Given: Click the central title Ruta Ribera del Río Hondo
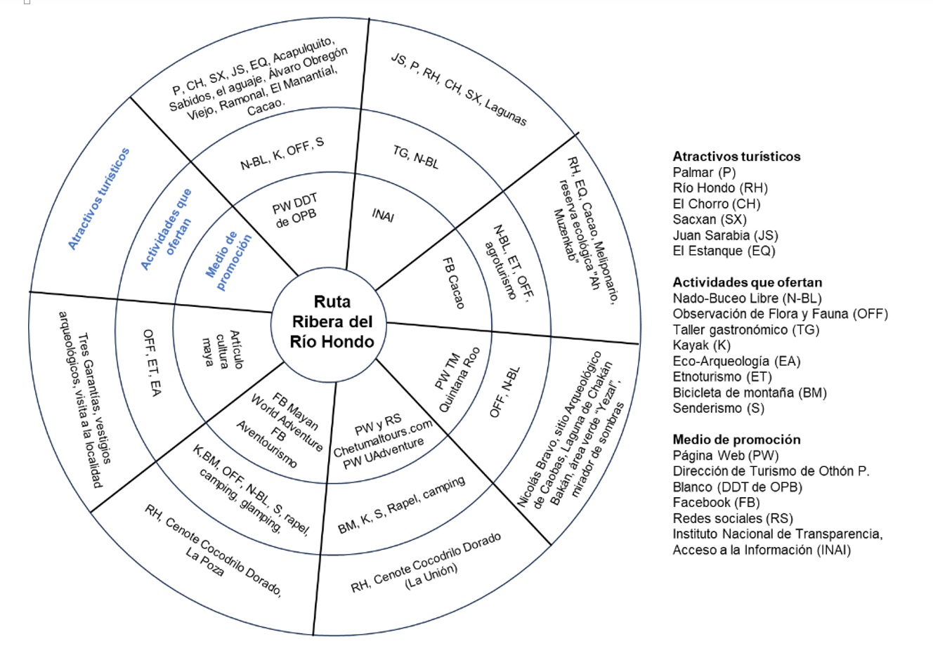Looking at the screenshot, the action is (332, 322).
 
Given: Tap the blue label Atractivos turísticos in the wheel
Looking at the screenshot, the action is (99, 199).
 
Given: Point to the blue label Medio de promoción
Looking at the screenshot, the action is (228, 261).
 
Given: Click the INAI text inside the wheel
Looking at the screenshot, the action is (383, 216).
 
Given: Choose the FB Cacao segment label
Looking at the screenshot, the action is (453, 282).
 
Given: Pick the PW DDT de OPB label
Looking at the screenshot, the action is (295, 210).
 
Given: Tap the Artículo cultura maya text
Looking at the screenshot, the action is (222, 349).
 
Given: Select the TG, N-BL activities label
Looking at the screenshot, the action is (416, 158).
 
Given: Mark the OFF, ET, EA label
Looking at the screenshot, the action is (152, 362).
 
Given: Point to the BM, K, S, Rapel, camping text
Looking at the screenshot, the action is (401, 505).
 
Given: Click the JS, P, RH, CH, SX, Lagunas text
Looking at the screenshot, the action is (459, 89).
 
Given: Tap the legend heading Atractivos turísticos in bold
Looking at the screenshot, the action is (736, 157).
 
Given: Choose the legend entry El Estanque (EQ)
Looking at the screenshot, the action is (724, 251).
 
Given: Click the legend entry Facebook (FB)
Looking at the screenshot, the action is (717, 502).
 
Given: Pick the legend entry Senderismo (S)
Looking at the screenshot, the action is (719, 408).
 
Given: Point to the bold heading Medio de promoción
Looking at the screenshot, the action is (736, 440).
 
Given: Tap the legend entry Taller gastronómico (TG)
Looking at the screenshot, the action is (746, 329).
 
